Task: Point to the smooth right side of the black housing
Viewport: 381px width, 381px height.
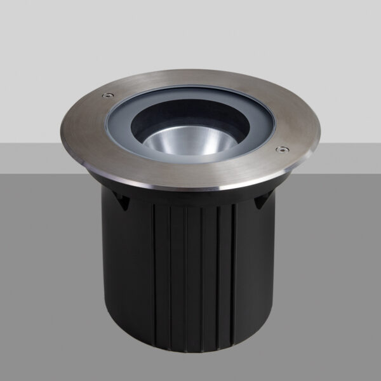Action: (260, 273)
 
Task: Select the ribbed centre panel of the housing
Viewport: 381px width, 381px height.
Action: (194, 273)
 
